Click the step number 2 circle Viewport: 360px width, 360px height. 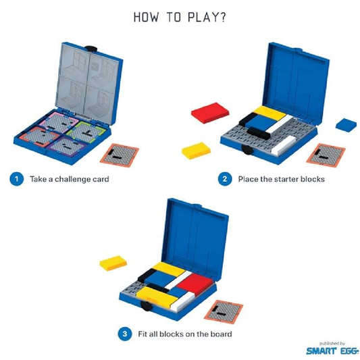[224, 180]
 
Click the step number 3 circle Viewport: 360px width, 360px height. [124, 334]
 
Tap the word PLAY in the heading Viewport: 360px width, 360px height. [200, 16]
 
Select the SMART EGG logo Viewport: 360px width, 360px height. [328, 351]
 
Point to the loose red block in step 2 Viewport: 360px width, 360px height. [211, 111]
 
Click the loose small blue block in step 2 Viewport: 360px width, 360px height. [346, 124]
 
